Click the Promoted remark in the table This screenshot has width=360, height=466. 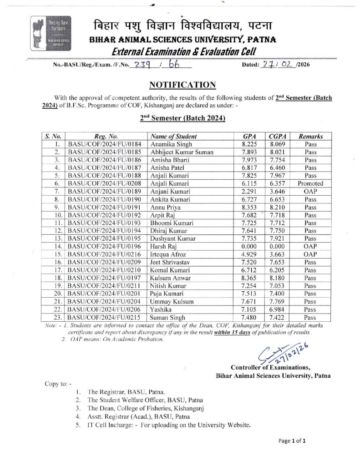[x=310, y=183]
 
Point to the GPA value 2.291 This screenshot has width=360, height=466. [x=248, y=191]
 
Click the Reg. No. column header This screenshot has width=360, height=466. [x=106, y=136]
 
